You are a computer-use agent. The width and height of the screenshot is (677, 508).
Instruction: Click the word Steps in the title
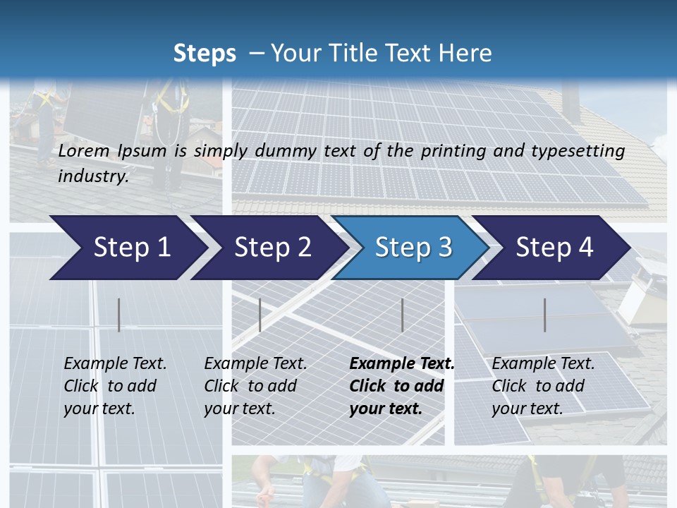point(205,53)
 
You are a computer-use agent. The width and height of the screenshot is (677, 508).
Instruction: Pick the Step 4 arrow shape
point(554,248)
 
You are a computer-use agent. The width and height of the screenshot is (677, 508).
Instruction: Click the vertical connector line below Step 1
point(119,315)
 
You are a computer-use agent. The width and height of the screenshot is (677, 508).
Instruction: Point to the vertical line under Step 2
point(260,315)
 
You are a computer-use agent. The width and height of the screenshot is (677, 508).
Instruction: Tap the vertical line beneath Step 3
point(402,315)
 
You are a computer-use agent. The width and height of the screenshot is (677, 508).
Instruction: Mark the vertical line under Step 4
point(544,315)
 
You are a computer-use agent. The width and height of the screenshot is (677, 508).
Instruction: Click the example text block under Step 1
point(115,386)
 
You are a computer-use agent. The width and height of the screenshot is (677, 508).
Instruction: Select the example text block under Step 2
point(255,386)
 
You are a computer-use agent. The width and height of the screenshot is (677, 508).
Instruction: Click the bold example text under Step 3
point(401,386)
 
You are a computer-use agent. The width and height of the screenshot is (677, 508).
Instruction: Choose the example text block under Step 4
point(543,386)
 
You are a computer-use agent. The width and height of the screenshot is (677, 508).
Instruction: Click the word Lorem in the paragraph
point(83,151)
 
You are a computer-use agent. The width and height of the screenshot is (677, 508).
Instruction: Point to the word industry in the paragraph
point(92,176)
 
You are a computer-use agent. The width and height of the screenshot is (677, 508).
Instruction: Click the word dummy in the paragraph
point(311,151)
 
